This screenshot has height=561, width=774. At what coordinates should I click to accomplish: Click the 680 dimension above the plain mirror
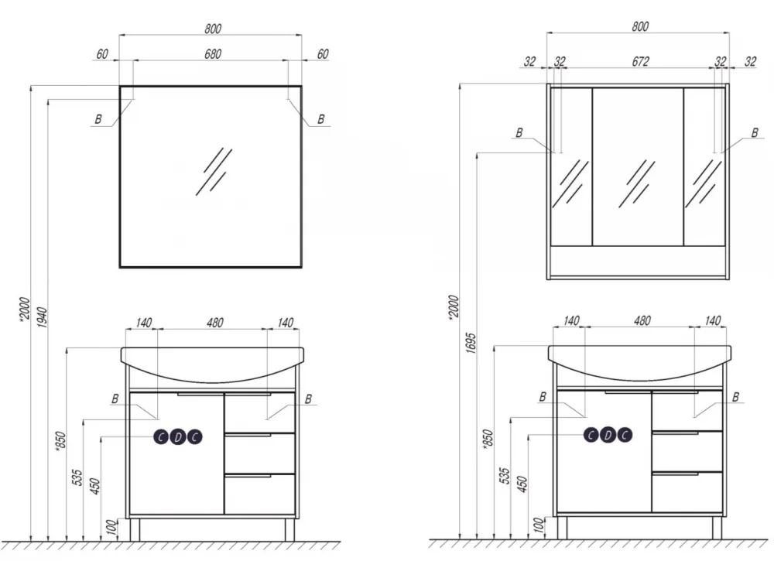[213, 54]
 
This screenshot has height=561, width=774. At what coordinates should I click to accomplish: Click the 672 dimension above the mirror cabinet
[640, 61]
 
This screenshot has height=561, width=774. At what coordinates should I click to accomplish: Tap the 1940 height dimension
[43, 318]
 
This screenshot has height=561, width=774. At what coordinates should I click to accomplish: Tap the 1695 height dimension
[471, 343]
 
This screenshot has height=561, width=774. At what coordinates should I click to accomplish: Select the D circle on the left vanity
[178, 436]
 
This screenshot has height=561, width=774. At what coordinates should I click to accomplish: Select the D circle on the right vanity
[608, 435]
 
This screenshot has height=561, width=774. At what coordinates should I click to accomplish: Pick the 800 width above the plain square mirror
[213, 29]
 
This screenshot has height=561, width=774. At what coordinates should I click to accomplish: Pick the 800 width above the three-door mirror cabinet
[640, 26]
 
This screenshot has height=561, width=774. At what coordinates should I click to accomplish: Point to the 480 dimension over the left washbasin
[214, 323]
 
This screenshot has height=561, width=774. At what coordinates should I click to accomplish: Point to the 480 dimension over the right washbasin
[642, 320]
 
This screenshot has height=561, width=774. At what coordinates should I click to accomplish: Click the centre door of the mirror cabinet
[638, 167]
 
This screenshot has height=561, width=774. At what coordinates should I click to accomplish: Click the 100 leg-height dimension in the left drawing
[112, 528]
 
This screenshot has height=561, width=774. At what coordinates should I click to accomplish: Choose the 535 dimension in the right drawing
[504, 476]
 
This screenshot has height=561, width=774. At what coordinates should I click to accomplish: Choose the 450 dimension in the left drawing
[95, 486]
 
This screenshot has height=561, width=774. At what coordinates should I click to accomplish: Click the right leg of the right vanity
[717, 528]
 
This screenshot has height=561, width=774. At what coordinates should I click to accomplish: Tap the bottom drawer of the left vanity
[259, 494]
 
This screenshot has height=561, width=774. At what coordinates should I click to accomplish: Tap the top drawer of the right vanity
[687, 411]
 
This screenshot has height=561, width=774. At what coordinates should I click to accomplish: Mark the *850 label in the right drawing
[487, 438]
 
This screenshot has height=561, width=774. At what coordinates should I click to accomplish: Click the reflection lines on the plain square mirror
[214, 171]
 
